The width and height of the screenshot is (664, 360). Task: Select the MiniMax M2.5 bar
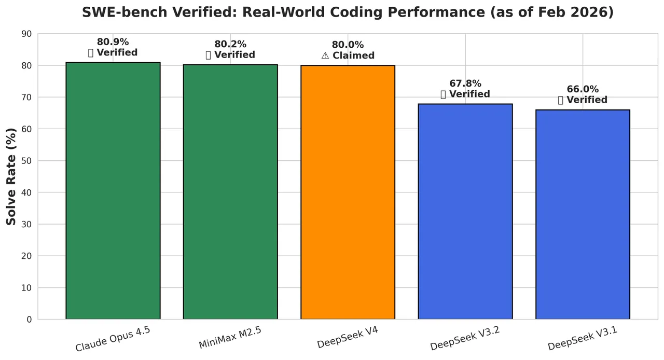click(230, 192)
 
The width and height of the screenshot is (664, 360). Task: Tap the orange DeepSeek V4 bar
click(348, 192)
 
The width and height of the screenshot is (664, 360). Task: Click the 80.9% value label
click(113, 43)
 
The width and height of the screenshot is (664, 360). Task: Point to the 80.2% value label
click(230, 45)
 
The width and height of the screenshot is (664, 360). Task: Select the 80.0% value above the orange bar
click(348, 45)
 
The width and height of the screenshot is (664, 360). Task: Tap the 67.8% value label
click(465, 84)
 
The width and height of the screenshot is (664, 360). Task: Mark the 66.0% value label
click(583, 89)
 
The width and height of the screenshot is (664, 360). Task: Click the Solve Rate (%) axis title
click(11, 176)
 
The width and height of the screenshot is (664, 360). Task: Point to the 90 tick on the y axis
click(26, 34)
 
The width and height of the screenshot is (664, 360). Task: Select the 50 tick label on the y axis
click(26, 161)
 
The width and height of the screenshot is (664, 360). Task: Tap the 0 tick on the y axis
click(29, 320)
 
